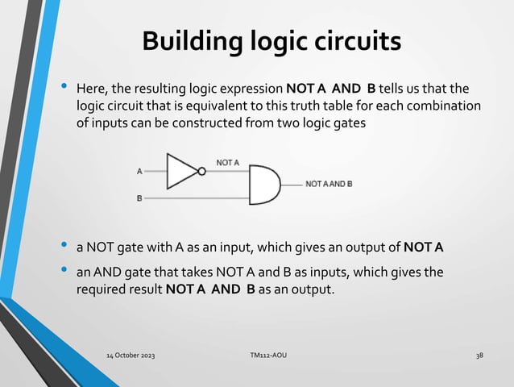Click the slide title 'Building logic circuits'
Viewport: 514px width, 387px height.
click(x=271, y=41)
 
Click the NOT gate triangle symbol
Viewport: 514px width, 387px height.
click(x=180, y=170)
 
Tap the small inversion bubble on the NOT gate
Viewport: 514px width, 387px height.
click(x=201, y=170)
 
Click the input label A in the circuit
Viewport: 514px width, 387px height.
click(x=139, y=171)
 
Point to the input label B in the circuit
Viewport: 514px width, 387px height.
click(x=139, y=198)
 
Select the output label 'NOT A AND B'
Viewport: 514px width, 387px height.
click(x=329, y=184)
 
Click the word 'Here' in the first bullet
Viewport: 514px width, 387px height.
click(x=89, y=87)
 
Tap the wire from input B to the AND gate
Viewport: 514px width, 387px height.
click(x=197, y=198)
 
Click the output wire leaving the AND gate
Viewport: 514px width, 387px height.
click(x=292, y=184)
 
